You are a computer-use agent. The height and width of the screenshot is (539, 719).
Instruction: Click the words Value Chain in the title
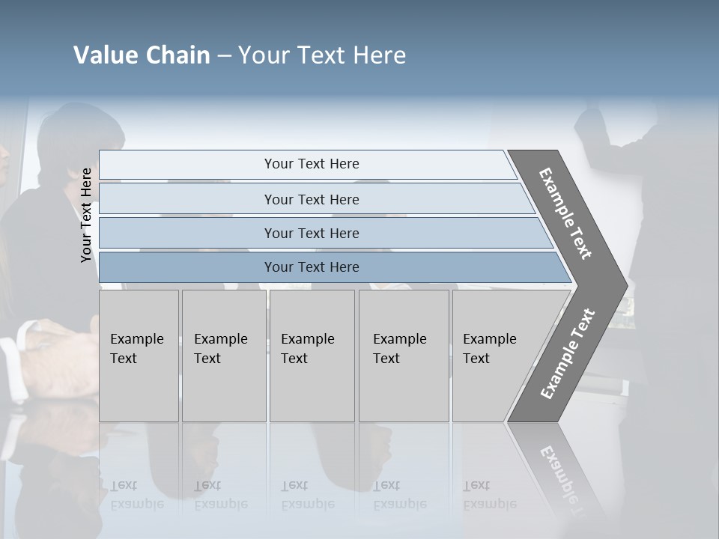[142, 55]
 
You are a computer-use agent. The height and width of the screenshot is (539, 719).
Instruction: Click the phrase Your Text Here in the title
[322, 55]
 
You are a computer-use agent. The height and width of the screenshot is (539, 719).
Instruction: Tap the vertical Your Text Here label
[87, 215]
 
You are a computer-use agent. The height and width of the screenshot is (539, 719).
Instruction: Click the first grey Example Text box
[139, 356]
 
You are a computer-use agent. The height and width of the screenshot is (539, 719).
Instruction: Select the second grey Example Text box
[223, 356]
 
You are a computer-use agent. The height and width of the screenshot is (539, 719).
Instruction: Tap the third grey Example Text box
[312, 356]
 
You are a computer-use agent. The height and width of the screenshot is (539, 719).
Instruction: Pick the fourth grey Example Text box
[403, 356]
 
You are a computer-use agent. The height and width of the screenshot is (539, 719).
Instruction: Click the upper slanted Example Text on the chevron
[565, 213]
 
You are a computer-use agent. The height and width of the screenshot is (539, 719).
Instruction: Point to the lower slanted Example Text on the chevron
[567, 354]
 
